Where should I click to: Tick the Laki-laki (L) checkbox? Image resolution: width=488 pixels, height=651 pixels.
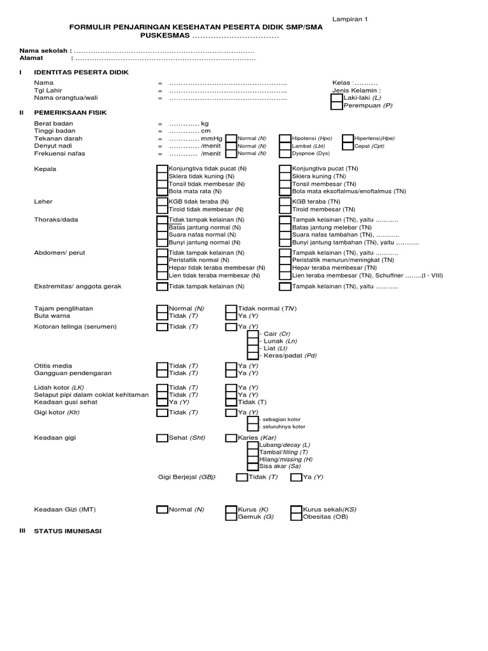pos(336,99)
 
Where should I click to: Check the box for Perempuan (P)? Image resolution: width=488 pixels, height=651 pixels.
pos(336,106)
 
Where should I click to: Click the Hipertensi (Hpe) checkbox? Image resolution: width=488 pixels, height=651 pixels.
pos(348,138)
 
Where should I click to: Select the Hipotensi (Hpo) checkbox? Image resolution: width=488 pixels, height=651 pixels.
pos(285,138)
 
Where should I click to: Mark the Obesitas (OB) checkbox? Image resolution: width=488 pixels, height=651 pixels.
pos(296,517)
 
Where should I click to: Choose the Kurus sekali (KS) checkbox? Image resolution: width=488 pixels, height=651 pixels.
pos(296,509)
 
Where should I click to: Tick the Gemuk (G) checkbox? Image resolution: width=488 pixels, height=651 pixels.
pos(231,517)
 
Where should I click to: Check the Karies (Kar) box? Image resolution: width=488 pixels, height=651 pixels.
pos(231,438)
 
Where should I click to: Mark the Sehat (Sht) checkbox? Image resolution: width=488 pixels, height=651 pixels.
pos(162,438)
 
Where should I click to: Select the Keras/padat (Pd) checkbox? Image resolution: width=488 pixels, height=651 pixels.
pos(253,356)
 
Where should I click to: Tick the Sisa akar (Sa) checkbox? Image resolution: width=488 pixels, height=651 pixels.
pos(253,466)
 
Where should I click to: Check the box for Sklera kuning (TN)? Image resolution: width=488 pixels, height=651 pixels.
pos(285,176)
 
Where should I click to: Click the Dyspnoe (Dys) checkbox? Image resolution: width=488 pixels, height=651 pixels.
pos(285,153)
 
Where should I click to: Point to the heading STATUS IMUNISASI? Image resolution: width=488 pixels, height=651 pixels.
pos(68,531)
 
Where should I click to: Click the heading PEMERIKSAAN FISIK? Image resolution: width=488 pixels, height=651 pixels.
pos(71,112)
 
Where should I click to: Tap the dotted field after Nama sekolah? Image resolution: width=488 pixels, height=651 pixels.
pos(165,51)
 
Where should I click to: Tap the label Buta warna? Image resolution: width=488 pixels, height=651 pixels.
pos(52,315)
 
